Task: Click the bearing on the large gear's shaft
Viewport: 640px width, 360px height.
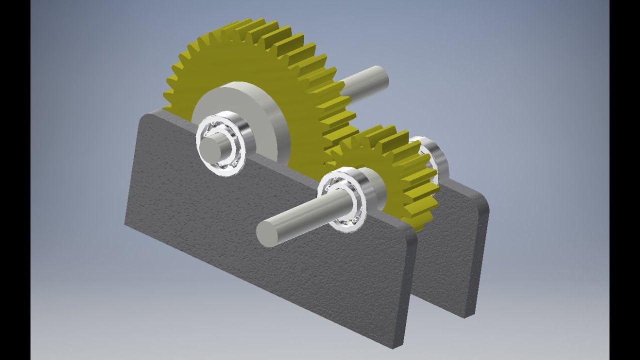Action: click(220, 145)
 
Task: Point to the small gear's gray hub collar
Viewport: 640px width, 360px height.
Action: click(372, 187)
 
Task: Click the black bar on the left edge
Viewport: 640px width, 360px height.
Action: click(15, 180)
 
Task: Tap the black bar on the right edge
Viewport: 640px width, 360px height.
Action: click(624, 180)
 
